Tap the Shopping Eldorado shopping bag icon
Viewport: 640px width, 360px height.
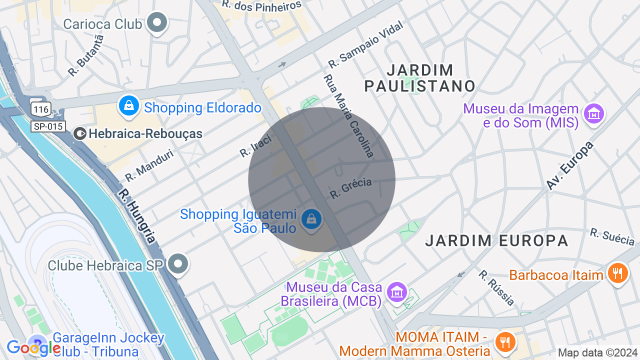129,106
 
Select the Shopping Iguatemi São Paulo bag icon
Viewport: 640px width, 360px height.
311,219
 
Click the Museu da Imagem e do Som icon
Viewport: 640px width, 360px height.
594,114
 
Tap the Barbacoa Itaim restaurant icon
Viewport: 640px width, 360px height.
618,273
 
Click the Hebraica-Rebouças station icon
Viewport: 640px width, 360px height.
79,133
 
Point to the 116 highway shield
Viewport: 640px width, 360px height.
40,108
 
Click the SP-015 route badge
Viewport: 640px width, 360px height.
48,126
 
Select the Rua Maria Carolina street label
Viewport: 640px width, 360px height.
348,115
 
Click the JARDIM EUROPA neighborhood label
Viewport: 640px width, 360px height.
496,240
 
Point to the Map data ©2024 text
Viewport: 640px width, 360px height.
597,352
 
